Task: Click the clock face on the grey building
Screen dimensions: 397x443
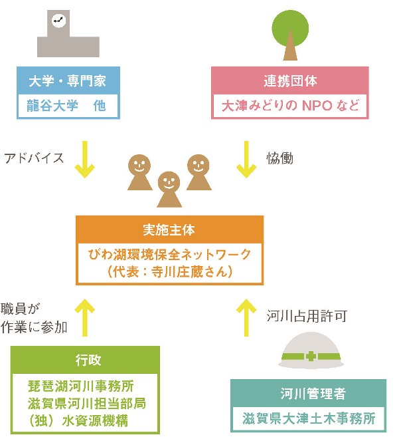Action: [x=59, y=21]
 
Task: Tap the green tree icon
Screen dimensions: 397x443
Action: [x=290, y=35]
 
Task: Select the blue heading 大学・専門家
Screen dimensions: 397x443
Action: [x=67, y=81]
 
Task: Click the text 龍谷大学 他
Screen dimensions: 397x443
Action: [x=66, y=106]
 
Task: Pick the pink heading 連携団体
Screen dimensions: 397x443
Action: [x=290, y=80]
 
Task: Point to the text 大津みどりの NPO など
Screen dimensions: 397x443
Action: [x=290, y=106]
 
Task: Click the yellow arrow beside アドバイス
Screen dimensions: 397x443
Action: [x=84, y=160]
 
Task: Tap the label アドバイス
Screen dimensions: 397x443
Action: [x=34, y=158]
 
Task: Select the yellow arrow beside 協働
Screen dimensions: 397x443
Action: [x=246, y=160]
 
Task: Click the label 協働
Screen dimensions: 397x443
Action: [x=279, y=158]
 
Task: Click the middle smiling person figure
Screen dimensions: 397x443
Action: [x=169, y=190]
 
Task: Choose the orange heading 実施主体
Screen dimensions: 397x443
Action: [x=169, y=230]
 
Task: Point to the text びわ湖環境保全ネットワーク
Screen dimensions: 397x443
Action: [x=169, y=255]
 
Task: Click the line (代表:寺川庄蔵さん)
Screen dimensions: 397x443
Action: [x=170, y=272]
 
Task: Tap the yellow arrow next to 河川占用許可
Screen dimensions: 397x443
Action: [x=246, y=317]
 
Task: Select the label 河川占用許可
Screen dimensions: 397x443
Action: [x=307, y=316]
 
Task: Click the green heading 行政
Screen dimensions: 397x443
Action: [x=88, y=360]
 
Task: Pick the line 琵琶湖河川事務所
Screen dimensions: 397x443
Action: [x=81, y=386]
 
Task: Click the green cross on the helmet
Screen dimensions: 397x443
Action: [x=311, y=357]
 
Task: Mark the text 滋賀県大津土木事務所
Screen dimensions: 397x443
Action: [x=309, y=418]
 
